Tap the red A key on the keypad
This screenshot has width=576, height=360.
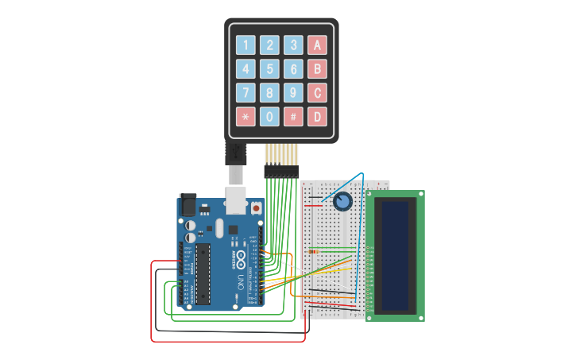pos(318,45)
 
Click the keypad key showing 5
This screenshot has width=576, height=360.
pos(270,69)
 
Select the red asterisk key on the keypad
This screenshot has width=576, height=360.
pos(246,117)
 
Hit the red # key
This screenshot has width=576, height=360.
pos(294,117)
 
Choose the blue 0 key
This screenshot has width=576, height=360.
pos(270,117)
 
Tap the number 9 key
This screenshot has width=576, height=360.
pos(294,93)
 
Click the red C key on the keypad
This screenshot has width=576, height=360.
pos(318,93)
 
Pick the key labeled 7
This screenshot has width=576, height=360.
pos(246,93)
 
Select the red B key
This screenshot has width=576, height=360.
pos(318,69)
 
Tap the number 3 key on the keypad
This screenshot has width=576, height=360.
pos(294,45)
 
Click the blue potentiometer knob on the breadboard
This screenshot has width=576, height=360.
pos(342,202)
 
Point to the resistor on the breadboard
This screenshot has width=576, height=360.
pos(313,252)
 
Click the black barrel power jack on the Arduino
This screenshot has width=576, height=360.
pos(187,204)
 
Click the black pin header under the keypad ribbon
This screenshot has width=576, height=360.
pos(281,171)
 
